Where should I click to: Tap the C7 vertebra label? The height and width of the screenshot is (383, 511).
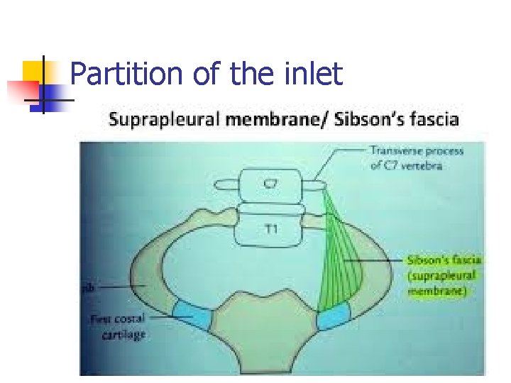tap(272, 184)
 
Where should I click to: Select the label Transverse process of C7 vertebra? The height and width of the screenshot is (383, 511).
tap(416, 157)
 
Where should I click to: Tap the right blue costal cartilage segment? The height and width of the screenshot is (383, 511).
tap(333, 317)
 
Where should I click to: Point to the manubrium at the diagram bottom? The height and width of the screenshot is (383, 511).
tap(263, 333)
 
